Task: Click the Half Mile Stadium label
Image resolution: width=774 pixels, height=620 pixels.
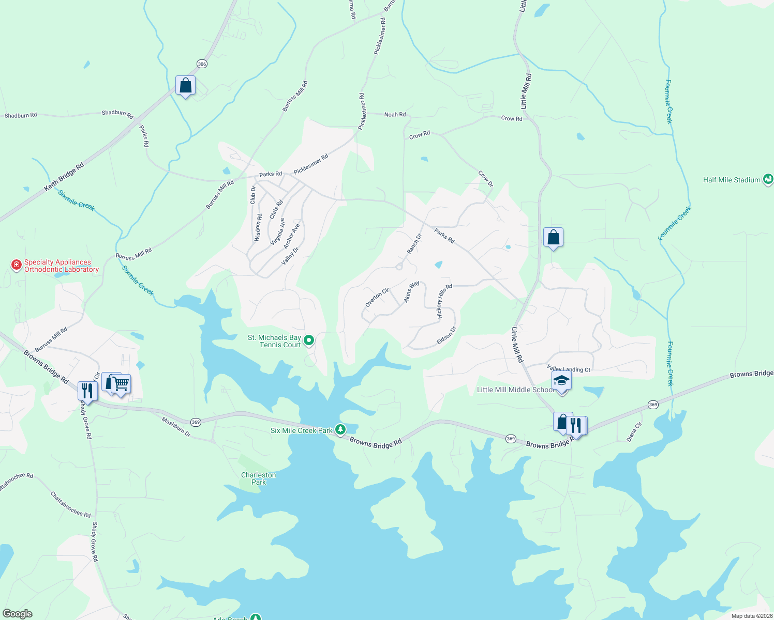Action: tap(732, 180)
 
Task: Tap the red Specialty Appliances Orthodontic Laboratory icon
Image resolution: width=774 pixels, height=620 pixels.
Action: tap(17, 265)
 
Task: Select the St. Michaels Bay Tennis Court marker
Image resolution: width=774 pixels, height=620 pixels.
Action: tap(309, 340)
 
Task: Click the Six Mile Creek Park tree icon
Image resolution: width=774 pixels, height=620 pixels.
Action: tap(340, 429)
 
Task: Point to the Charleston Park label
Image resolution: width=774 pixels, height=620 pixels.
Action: tap(259, 478)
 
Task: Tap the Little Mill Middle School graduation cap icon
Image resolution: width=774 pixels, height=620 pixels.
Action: tap(561, 381)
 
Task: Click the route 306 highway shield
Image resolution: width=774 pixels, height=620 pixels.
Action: tap(202, 64)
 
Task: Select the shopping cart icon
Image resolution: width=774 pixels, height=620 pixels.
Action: tap(121, 384)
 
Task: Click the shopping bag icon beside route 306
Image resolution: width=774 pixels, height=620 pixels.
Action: tap(185, 85)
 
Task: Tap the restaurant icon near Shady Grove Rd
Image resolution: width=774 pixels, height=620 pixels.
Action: tap(87, 391)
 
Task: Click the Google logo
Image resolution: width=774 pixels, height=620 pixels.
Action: tap(17, 614)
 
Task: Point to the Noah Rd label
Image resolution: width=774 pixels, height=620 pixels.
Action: tap(395, 114)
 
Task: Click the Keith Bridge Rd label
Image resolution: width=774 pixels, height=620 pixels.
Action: tap(64, 178)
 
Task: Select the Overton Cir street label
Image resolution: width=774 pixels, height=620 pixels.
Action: tap(377, 298)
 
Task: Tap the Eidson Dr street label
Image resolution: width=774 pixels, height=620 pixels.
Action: tap(446, 335)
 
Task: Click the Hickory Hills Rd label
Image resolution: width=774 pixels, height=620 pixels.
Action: tap(444, 301)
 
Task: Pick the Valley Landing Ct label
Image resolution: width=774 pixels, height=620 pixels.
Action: tap(569, 369)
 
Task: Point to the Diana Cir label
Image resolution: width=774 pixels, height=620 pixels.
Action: tap(634, 432)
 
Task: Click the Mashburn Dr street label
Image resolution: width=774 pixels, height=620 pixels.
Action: tap(176, 427)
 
